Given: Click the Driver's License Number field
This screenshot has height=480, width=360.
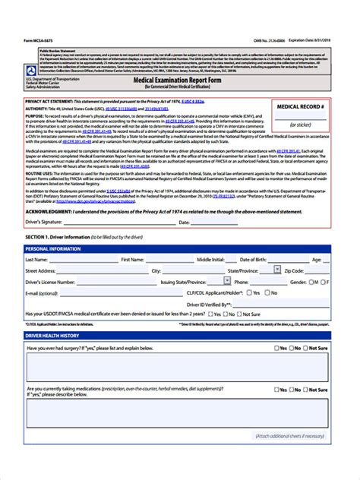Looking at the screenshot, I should pos(114,281).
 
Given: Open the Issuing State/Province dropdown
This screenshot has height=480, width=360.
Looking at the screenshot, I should pos(219,281).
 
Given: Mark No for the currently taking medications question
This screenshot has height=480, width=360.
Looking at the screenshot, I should pos(296,390).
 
